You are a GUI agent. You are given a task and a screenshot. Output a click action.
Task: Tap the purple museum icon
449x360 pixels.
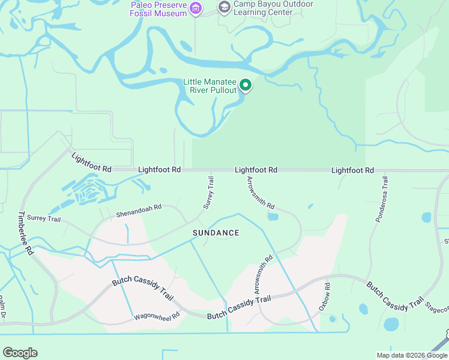click(196, 8)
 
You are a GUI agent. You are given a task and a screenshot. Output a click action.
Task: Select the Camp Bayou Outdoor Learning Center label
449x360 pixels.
click(273, 8)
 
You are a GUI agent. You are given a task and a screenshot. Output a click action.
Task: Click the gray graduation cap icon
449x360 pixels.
click(224, 7)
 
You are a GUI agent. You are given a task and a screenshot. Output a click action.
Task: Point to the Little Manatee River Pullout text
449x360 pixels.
click(209, 86)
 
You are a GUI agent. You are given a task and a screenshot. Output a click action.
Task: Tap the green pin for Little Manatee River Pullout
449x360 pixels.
click(245, 86)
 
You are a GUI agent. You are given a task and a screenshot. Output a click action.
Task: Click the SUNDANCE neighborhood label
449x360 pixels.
click(215, 233)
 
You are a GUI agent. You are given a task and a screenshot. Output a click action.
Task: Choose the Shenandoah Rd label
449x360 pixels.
click(139, 211)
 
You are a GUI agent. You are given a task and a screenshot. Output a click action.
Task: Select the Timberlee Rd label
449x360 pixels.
click(25, 233)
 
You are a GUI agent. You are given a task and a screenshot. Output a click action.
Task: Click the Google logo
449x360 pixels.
click(20, 353)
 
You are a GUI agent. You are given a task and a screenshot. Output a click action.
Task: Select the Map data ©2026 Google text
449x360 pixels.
click(412, 355)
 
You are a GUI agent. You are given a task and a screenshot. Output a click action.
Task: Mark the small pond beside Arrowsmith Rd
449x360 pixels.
click(273, 217)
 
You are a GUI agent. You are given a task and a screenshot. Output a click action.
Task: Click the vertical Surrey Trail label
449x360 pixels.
click(208, 192)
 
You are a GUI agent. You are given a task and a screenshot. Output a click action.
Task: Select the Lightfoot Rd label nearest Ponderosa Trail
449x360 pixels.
click(352, 170)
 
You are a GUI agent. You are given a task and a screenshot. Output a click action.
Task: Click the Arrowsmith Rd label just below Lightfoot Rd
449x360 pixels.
click(260, 193)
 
